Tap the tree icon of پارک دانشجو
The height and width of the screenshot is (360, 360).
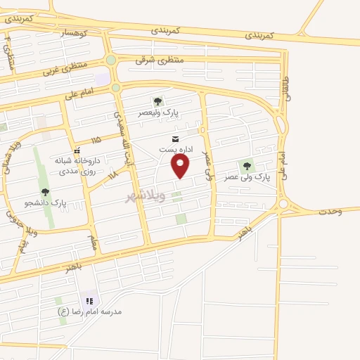click(45, 192)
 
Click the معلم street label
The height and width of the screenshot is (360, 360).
click(92, 243)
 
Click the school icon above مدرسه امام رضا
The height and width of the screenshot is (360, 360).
click(89, 300)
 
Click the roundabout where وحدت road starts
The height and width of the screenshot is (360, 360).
click(284, 204)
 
